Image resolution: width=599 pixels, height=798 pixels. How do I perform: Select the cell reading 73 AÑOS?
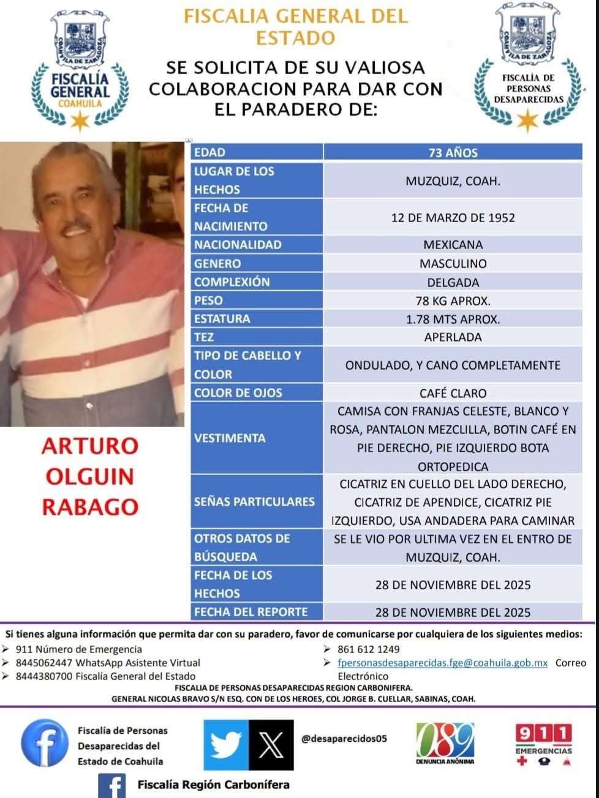point(453,152)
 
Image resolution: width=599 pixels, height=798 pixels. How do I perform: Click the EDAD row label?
point(209,152)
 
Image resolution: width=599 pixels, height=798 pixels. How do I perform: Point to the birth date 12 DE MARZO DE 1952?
point(453,217)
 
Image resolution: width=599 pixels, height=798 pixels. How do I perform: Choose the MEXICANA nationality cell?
point(453,245)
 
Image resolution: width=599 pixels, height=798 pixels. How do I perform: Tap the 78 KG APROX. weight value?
point(453,300)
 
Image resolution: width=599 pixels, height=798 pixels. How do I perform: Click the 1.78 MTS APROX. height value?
point(453,319)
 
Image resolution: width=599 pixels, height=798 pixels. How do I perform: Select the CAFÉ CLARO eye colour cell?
point(453,393)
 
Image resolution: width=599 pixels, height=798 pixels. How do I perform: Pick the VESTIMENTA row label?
point(230,438)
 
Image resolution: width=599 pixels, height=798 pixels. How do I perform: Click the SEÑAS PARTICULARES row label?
point(254,502)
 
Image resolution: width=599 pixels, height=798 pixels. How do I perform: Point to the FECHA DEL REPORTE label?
point(251,611)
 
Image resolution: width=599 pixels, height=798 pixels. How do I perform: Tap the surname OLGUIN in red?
point(90,476)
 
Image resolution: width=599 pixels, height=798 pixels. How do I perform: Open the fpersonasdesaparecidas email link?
point(442,663)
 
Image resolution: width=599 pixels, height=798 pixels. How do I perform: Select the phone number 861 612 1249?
point(368,649)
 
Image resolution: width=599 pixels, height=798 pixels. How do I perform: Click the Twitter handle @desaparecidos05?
point(344,739)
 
